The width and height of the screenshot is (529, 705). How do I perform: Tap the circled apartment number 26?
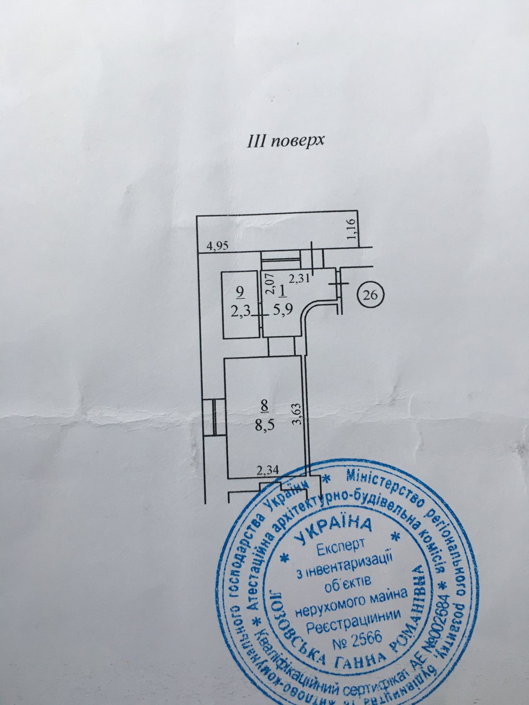coord(370,295)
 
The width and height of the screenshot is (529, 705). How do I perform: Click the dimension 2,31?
coord(298,278)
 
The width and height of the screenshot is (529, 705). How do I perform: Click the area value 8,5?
coord(263,426)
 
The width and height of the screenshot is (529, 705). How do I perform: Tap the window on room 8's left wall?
coord(213,416)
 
